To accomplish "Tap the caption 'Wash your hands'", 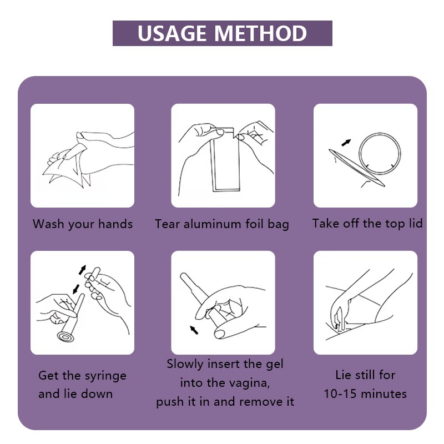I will [83, 224].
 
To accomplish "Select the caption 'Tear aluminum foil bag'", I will [222, 224].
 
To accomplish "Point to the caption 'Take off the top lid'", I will [367, 224].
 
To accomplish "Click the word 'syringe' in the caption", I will [105, 376].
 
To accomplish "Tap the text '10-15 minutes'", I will [365, 394].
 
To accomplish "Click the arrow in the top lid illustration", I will [346, 142].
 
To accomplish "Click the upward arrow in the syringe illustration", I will [83, 269].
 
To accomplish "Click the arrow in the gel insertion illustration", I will [194, 330].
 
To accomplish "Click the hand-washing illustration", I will [82, 156].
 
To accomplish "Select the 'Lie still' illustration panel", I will [365, 302].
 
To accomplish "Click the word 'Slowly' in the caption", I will [186, 365].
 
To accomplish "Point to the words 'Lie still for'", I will [365, 375].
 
